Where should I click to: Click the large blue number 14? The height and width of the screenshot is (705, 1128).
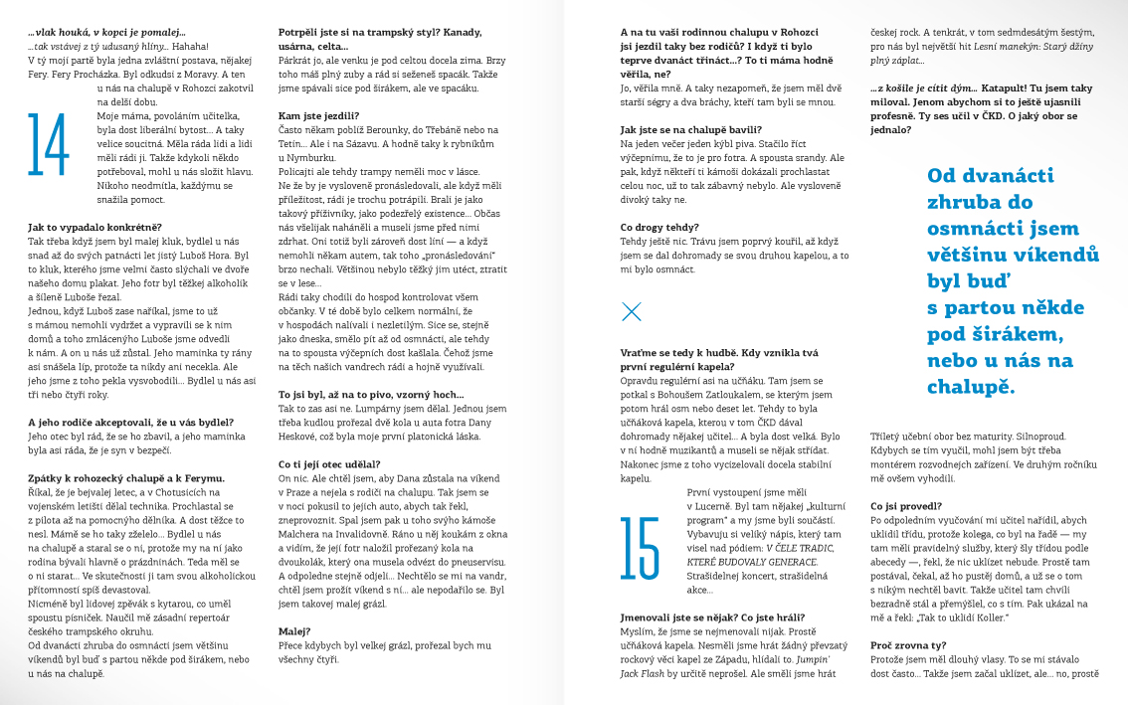[48, 145]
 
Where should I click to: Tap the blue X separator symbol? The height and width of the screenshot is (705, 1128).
[631, 312]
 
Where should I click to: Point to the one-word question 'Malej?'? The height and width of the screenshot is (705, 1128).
[295, 630]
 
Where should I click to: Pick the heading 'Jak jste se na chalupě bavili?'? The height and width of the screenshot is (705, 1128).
[691, 129]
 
